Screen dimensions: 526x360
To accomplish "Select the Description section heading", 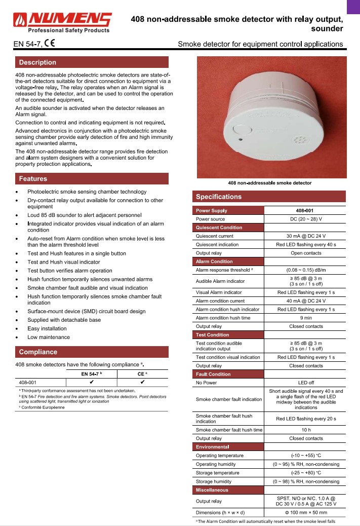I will coord(37,62).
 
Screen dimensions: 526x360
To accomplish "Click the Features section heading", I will coord(33,178).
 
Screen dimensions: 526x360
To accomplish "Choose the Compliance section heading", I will coord(38,352).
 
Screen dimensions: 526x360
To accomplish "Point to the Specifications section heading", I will coord(219,197).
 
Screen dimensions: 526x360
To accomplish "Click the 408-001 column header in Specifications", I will coord(305,210).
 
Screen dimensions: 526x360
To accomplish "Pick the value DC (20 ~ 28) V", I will coord(305,219).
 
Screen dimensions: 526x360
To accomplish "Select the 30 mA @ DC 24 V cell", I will coord(305,236).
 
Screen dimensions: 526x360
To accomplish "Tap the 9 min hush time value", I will coord(305,318).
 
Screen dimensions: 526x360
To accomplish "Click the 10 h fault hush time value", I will coord(305,430).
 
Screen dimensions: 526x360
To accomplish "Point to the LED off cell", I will coord(305,383).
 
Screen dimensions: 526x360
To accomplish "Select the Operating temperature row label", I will coord(220,456).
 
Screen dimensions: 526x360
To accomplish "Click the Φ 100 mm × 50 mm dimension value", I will coord(305,512).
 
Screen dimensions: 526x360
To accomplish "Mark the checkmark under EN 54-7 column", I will coord(92,383).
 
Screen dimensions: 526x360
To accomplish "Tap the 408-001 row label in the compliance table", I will coord(27,383).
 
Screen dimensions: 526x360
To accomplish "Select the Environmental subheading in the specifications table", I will coord(213,447).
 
